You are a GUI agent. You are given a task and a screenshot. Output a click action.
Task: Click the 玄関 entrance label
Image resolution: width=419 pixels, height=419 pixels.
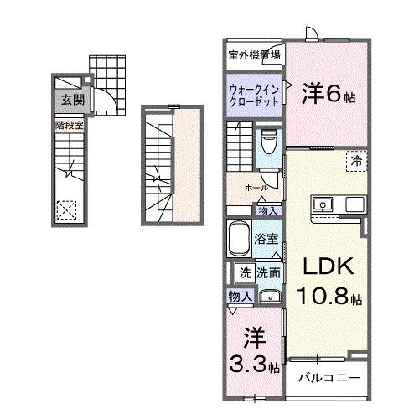pos(66,99)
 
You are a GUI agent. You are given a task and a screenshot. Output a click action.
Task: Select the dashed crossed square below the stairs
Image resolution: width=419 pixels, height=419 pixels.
pos(66,209)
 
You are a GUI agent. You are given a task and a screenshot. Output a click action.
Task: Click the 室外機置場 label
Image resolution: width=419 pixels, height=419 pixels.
pos(254,55)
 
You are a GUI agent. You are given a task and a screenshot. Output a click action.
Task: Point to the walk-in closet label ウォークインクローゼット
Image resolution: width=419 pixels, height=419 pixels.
pos(254,93)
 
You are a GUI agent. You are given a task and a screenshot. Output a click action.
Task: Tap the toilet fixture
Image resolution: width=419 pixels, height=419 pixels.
pos(269,141)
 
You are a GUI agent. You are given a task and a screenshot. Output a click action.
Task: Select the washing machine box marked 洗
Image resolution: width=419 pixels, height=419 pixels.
pos(245,272)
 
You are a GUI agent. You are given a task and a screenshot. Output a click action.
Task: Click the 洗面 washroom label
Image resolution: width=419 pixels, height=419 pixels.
pos(268,272)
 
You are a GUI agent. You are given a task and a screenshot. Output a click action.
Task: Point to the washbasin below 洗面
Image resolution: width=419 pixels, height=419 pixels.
pos(269,297)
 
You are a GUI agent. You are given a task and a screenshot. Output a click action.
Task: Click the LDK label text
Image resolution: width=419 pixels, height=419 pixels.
pos(328,266)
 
